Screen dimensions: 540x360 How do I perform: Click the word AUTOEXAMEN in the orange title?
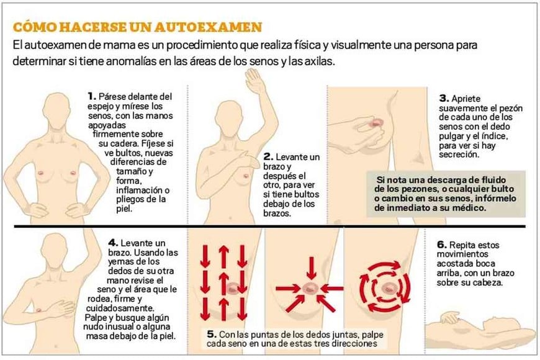tap(208, 27)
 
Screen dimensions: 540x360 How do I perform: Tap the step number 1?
tap(92, 96)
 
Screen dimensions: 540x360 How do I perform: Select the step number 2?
tap(268, 157)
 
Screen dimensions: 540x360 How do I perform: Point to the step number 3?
tap(444, 99)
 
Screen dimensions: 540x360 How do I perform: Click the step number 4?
tap(113, 243)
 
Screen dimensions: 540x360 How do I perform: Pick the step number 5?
tap(212, 334)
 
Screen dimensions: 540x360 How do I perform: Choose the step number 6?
tap(442, 245)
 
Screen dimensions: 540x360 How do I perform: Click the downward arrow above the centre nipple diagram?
tap(312, 268)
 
